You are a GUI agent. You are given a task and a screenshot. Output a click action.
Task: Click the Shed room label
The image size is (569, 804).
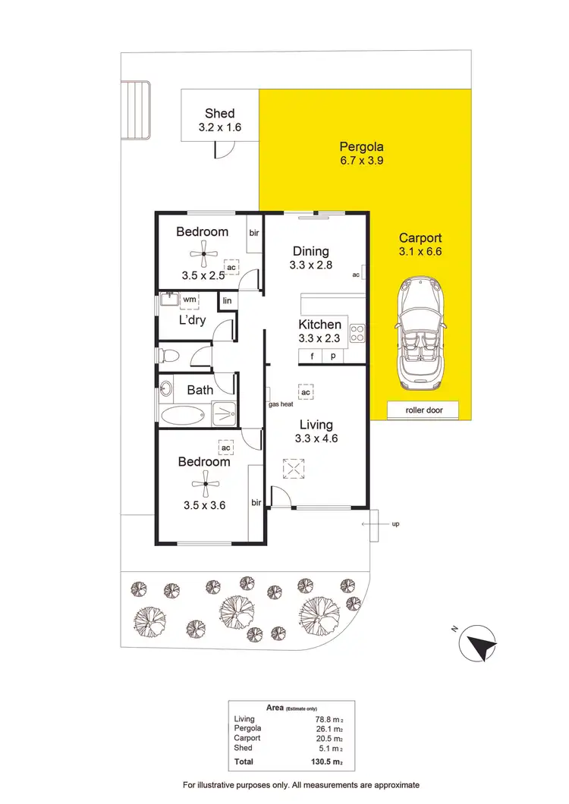point(219,114)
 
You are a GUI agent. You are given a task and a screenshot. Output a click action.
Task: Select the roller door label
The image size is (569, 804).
point(423,410)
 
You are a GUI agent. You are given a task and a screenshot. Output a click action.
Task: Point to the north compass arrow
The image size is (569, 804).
point(479,645)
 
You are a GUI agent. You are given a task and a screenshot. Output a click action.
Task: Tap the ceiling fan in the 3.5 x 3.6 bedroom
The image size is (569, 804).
point(203,482)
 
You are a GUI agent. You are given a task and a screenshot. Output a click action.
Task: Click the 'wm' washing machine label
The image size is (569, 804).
point(190,300)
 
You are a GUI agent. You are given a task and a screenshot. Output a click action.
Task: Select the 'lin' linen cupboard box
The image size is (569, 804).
point(227,301)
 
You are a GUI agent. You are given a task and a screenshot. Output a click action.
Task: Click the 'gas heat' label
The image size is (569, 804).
point(281,404)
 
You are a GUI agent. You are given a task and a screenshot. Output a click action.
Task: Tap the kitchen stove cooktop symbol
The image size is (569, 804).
point(357,332)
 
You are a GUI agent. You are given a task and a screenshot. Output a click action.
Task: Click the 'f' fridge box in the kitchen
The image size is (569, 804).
point(310,356)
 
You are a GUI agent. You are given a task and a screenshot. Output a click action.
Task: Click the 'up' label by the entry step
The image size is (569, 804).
point(395,523)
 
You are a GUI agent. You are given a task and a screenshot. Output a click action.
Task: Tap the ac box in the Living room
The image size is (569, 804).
point(306,392)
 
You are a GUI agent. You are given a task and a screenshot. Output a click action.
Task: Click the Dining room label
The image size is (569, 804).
point(310,251)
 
